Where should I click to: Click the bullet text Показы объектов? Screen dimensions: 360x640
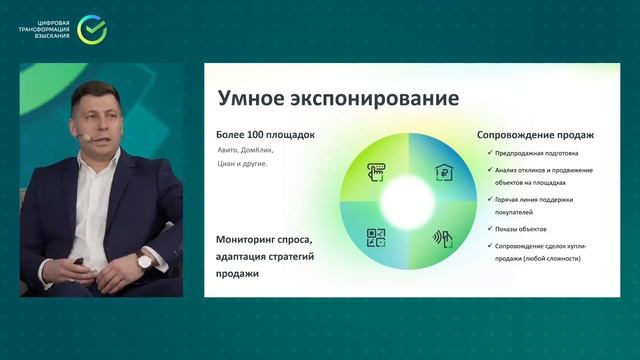pyautogui.click(x=523, y=229)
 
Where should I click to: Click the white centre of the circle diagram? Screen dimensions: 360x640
pyautogui.click(x=409, y=204)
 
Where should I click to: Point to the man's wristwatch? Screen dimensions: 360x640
pyautogui.click(x=144, y=261)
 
